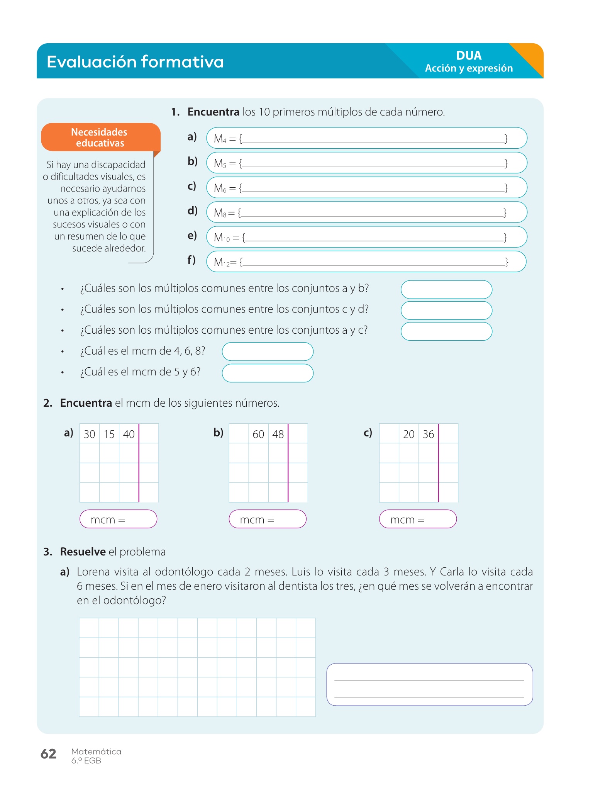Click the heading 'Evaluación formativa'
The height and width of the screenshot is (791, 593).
coord(135,62)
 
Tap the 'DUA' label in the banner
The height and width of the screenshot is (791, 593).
coord(469,56)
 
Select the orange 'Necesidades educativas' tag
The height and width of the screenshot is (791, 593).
coord(100,137)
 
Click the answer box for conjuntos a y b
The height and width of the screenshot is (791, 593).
coord(446,290)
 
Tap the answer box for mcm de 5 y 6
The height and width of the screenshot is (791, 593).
coord(268,373)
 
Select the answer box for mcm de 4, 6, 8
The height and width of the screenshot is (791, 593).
coord(268,352)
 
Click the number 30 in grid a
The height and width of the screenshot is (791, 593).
coord(90,434)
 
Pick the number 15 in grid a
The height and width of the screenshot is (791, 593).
coord(109,434)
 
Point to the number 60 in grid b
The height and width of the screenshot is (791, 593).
coord(258,434)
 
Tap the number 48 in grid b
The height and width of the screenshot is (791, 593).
coord(278,434)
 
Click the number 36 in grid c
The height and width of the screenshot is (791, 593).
coord(429,434)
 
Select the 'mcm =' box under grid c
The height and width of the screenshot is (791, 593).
coord(418,519)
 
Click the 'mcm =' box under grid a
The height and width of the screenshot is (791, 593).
coord(118,519)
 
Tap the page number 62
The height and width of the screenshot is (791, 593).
coord(48,754)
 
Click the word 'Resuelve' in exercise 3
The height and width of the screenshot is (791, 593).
coord(83,552)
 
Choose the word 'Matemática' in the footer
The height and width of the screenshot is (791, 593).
coord(96,752)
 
